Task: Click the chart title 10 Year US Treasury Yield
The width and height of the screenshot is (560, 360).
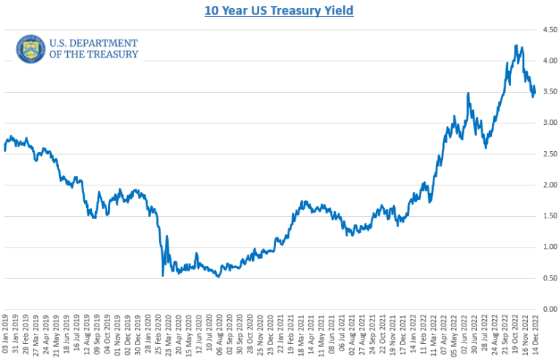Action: [280, 12]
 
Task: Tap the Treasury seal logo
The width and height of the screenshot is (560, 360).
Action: [30, 49]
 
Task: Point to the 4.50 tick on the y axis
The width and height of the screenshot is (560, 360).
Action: [548, 29]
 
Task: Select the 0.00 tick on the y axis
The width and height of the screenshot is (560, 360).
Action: [548, 310]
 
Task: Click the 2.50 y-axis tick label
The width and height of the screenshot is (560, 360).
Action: [548, 154]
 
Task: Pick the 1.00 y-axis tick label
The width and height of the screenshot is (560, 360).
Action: [548, 248]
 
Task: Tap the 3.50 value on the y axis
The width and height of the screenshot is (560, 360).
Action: [548, 92]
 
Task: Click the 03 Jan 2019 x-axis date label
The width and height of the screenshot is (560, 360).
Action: [6, 334]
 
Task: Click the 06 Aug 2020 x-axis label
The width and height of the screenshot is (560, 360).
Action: [218, 334]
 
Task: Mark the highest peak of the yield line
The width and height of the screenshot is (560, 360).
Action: [516, 46]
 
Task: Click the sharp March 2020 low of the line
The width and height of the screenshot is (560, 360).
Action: [163, 275]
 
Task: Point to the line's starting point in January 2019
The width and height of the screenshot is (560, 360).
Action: [4, 150]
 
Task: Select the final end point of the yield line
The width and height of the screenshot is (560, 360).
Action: [534, 88]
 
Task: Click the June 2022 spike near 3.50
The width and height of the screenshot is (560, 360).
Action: [468, 93]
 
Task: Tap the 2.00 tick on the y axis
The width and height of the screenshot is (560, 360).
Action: [548, 185]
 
